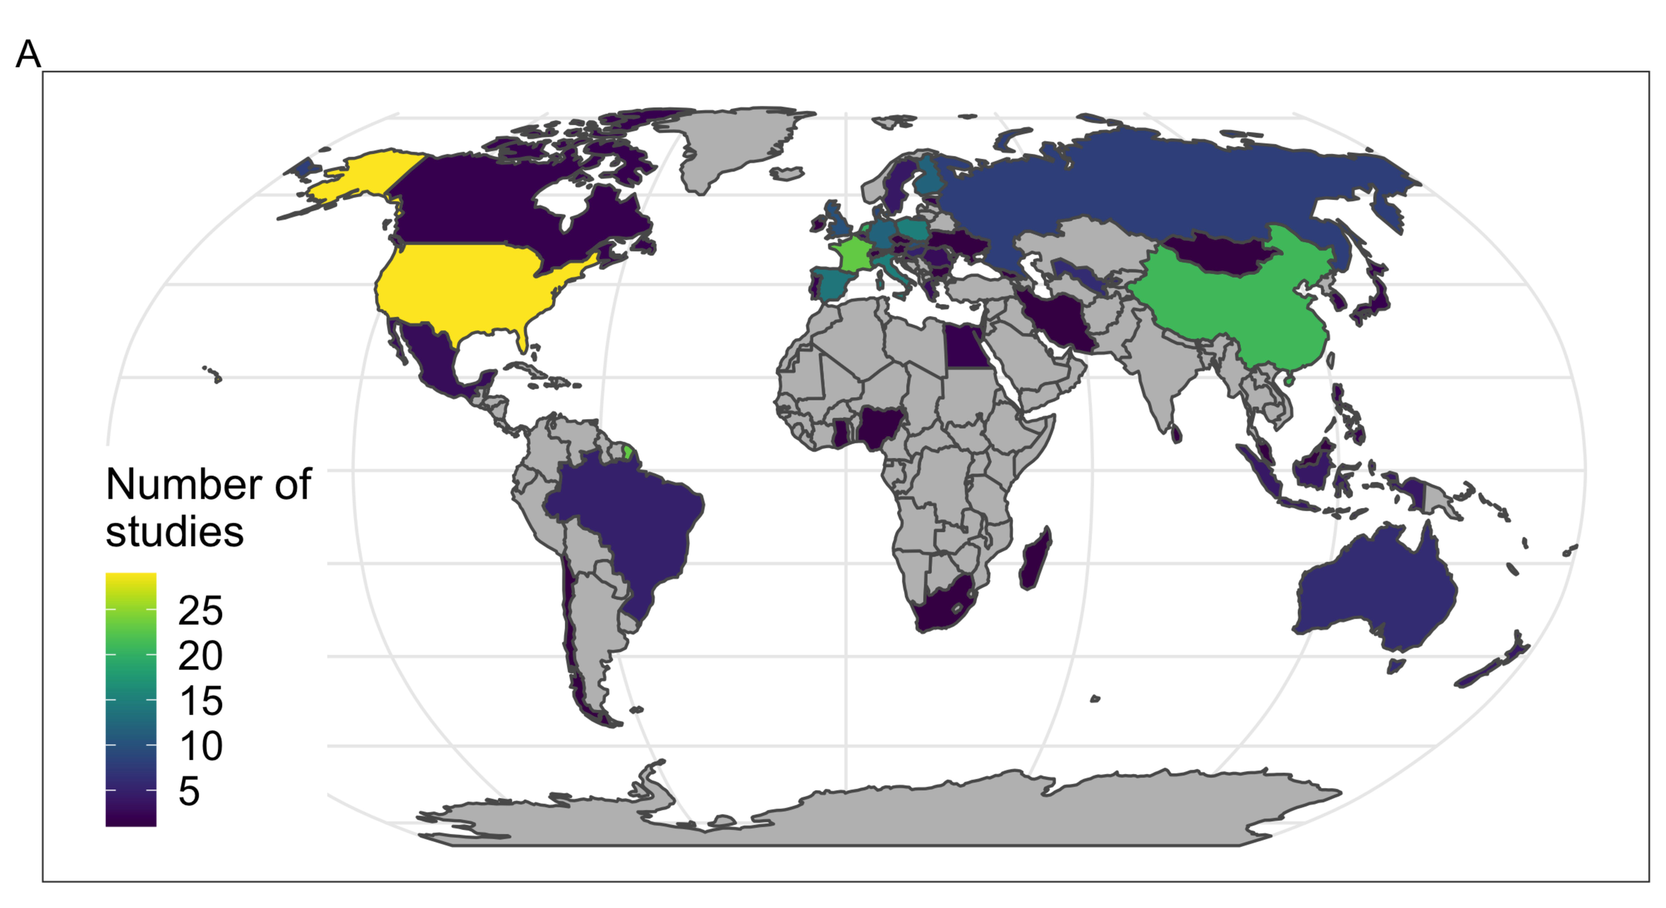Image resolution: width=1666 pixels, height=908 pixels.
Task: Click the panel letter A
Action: (x=28, y=55)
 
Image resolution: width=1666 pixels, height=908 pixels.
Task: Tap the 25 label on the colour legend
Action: (x=200, y=610)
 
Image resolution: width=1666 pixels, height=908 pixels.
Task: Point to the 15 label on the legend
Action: (x=200, y=701)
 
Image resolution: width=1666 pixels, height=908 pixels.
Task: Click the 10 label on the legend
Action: (x=200, y=746)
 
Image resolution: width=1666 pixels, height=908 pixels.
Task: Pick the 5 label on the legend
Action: (x=189, y=791)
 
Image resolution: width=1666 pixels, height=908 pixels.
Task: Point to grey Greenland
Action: (x=733, y=143)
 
